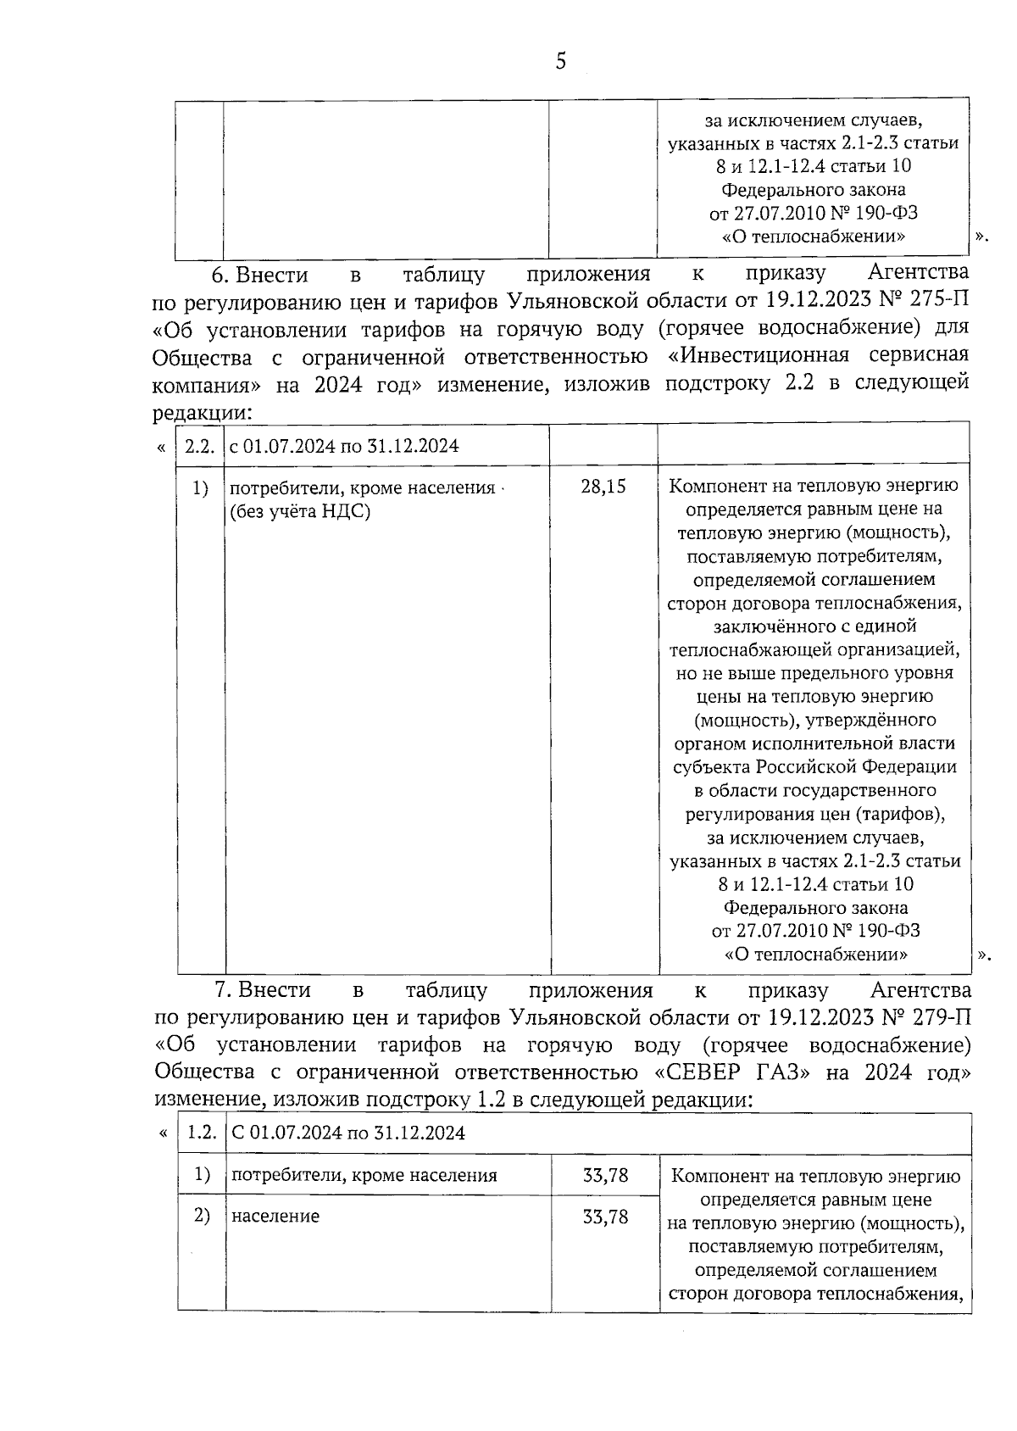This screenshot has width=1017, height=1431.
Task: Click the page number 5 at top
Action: (560, 62)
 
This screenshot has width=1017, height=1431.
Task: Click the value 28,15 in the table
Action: (603, 487)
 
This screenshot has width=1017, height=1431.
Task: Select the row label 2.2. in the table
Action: (199, 446)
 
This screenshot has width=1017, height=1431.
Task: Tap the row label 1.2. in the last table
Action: (202, 1133)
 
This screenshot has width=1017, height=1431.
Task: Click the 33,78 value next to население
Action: (606, 1217)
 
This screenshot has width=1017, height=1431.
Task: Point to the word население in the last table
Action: (275, 1217)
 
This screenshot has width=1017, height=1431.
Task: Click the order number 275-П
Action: (936, 301)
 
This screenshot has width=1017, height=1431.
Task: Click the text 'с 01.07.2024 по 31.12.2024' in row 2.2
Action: (344, 446)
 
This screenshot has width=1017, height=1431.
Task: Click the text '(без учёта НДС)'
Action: (300, 511)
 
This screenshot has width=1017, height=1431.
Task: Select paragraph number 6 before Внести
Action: (220, 275)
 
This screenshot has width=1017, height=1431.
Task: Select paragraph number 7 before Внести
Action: (222, 990)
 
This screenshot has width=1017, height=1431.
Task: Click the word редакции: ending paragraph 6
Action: (202, 413)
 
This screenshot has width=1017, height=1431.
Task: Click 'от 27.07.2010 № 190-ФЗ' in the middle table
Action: (815, 931)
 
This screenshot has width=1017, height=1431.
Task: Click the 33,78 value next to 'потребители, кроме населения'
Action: (606, 1176)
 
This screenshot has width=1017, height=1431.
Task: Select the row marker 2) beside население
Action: (201, 1216)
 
